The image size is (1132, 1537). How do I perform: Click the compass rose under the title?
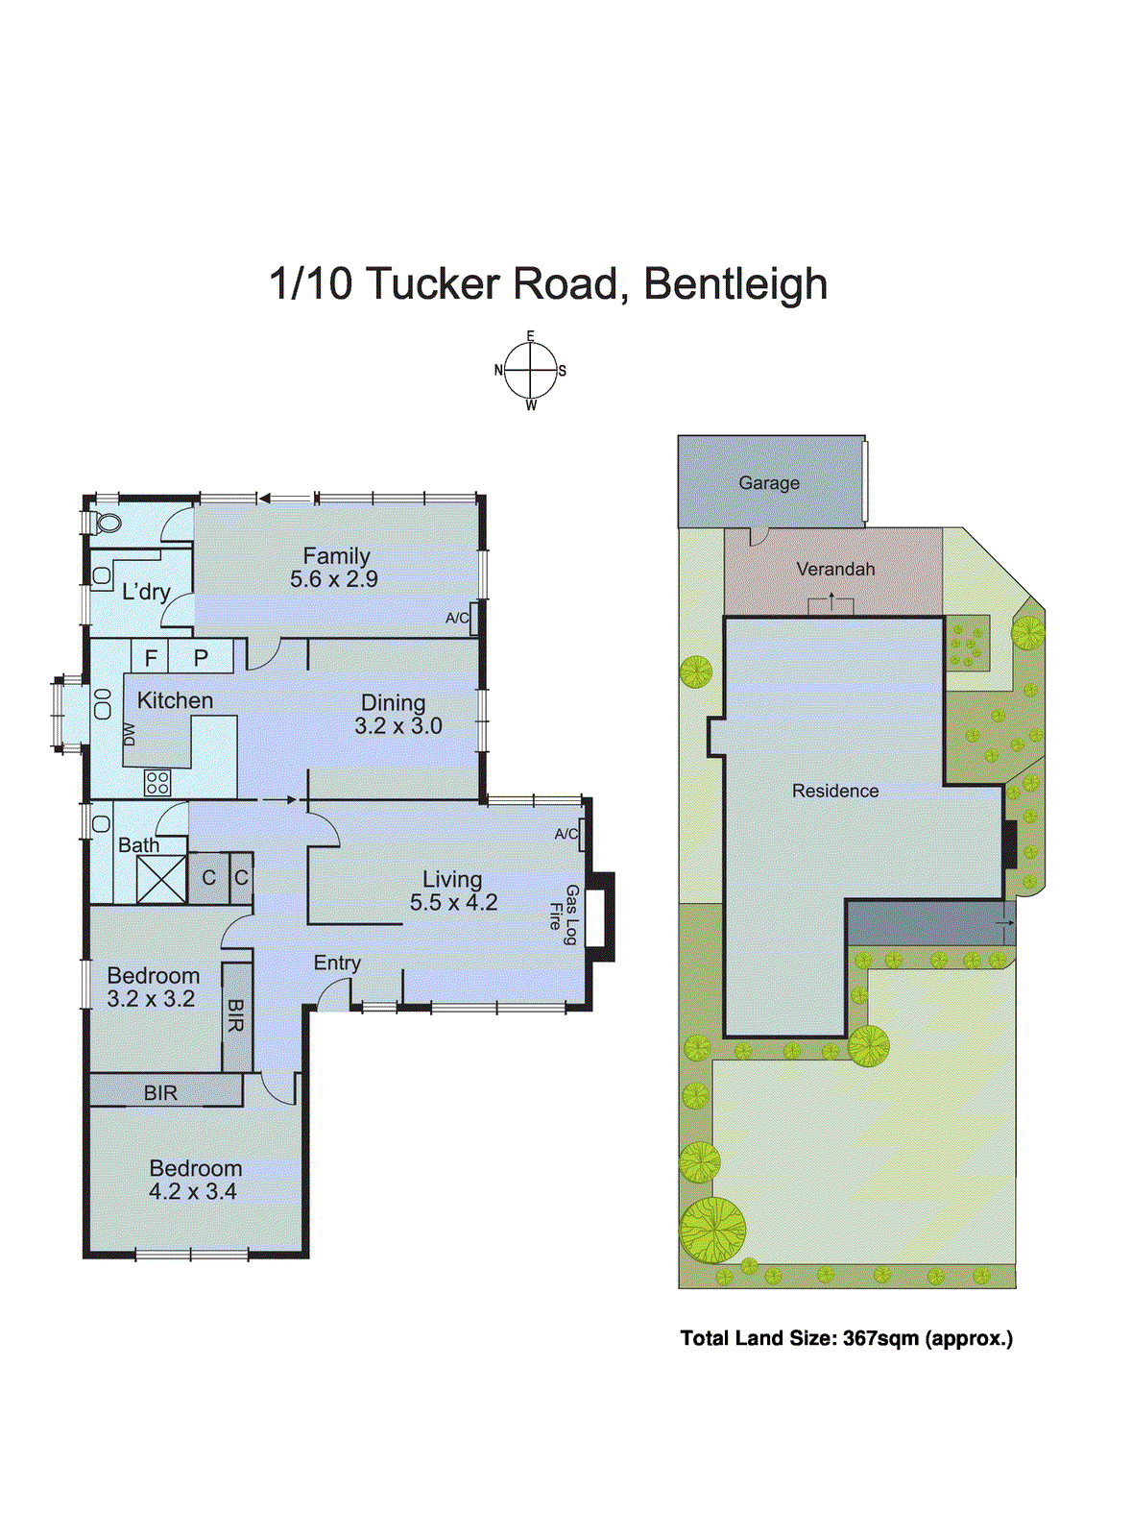530,370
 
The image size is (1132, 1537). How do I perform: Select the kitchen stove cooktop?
157,783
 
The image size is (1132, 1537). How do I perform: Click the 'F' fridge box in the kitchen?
151,658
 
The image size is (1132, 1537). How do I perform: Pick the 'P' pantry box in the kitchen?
201,658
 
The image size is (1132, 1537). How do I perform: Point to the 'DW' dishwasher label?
130,734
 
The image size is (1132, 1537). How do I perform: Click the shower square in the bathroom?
161,879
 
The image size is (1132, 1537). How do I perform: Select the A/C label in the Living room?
566,834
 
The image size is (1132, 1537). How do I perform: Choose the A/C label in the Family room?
457,619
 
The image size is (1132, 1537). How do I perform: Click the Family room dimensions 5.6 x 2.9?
334,579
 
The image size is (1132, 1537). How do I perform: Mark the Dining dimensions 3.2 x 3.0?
398,726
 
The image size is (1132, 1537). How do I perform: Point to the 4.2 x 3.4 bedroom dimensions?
193,1192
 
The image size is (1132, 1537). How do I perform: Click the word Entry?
337,963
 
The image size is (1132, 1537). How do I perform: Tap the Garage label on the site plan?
769,483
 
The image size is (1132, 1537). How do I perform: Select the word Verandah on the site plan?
835,569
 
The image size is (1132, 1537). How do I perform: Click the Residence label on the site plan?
835,791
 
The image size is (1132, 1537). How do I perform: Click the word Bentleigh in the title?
735,284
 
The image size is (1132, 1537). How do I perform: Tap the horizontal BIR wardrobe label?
160,1092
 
